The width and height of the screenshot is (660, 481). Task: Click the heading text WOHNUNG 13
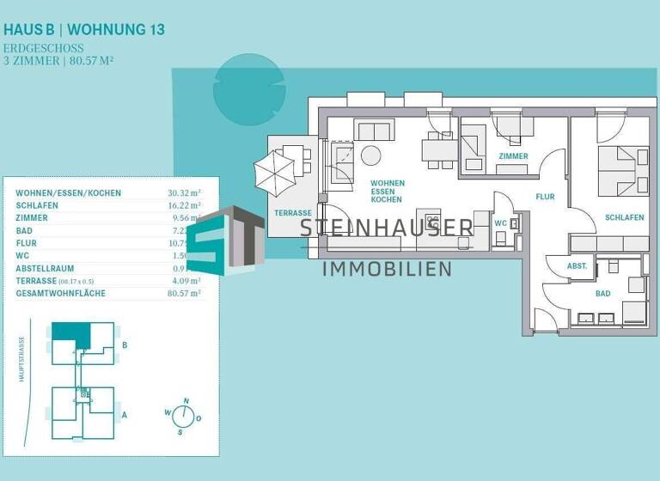[117, 29]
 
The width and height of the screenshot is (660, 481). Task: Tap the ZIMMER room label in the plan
[513, 156]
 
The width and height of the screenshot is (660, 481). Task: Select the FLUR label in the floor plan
[545, 197]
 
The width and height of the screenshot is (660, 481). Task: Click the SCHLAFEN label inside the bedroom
[624, 218]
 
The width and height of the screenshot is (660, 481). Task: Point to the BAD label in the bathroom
[603, 293]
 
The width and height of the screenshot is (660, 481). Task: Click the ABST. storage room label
[577, 266]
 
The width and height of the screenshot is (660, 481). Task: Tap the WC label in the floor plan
[501, 223]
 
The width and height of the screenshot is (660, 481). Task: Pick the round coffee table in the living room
[370, 155]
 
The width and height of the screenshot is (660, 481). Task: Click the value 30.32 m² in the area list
[183, 193]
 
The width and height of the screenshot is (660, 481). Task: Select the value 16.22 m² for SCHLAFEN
[183, 206]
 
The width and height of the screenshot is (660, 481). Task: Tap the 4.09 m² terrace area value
[183, 281]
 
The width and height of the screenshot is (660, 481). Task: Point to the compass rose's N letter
[185, 401]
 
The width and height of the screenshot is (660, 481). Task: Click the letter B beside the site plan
[125, 346]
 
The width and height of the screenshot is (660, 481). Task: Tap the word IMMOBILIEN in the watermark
[386, 270]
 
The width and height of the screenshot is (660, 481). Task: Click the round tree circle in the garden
[248, 89]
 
